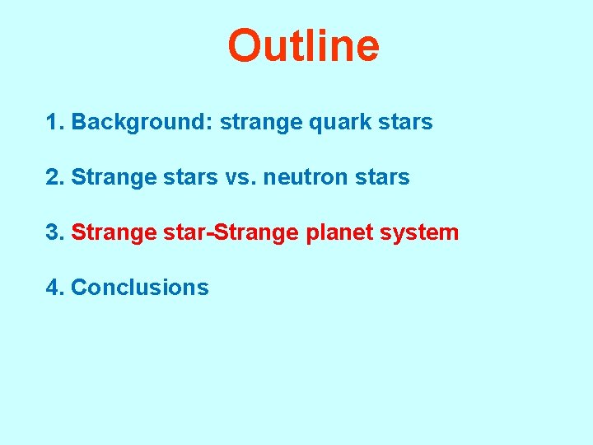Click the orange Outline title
click(303, 46)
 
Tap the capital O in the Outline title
click(245, 46)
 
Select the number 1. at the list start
click(55, 123)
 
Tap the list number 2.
click(55, 177)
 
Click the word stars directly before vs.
click(190, 178)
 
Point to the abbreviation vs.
click(240, 178)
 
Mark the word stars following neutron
click(382, 178)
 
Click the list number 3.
click(55, 232)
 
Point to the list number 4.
click(55, 288)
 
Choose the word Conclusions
click(140, 288)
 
